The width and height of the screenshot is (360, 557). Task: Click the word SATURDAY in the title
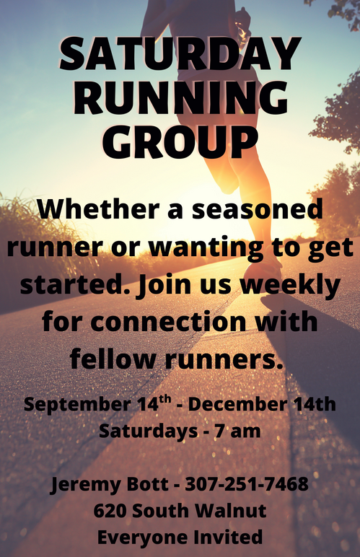pyautogui.click(x=180, y=53)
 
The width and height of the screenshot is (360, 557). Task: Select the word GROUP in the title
pyautogui.click(x=180, y=141)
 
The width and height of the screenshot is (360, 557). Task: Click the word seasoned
pyautogui.click(x=258, y=209)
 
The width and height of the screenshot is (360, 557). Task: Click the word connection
pyautogui.click(x=168, y=321)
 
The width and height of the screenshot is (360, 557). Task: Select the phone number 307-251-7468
pyautogui.click(x=247, y=484)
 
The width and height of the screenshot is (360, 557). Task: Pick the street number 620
pyautogui.click(x=110, y=511)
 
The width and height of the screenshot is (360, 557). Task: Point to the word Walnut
pyautogui.click(x=231, y=511)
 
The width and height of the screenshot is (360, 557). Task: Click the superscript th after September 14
pyautogui.click(x=165, y=400)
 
